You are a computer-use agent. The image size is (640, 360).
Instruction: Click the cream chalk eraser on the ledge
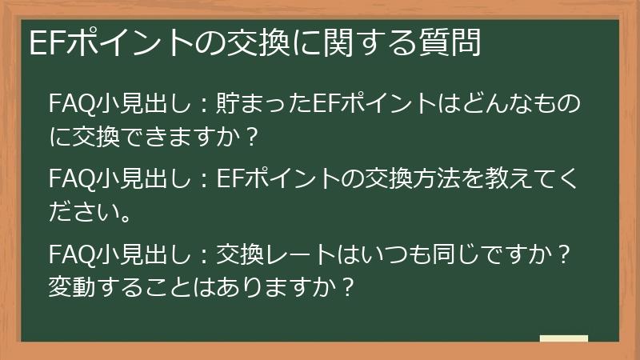tap(563, 338)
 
